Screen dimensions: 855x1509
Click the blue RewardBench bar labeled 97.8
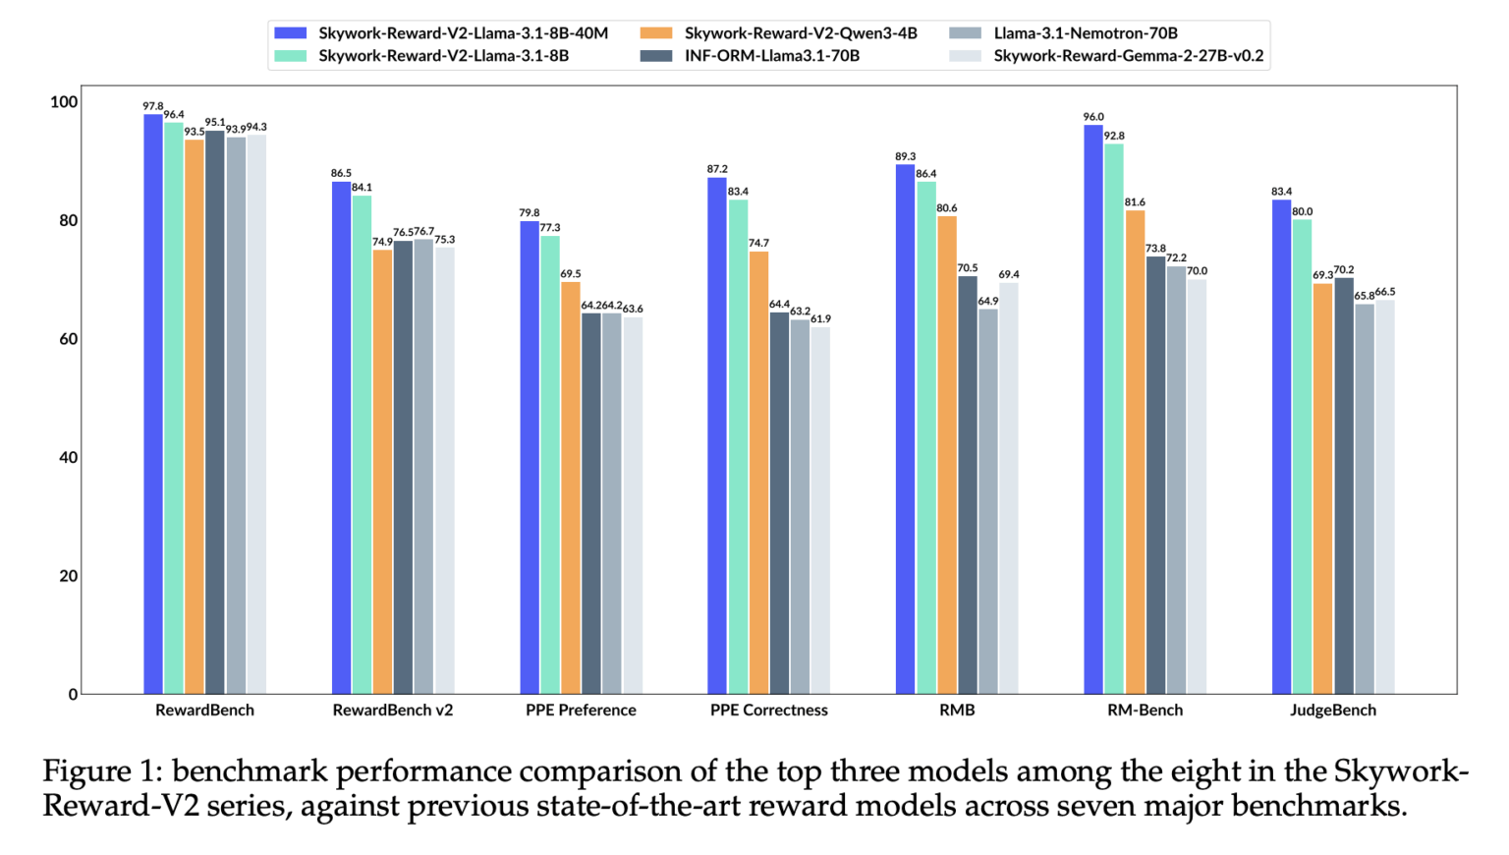[153, 403]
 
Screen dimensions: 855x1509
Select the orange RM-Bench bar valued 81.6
[1135, 452]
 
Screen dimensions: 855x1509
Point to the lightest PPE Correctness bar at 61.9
[820, 510]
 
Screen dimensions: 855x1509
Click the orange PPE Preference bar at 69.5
[571, 487]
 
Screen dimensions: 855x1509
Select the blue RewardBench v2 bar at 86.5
[341, 437]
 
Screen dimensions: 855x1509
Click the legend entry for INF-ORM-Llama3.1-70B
[771, 56]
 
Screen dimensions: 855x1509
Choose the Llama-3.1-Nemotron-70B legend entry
[1085, 33]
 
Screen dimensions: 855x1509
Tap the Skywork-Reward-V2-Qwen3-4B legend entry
[800, 33]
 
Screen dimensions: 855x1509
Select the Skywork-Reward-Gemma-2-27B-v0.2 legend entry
[1128, 56]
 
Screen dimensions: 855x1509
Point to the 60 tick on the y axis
[67, 339]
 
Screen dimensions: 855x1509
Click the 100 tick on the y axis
[63, 102]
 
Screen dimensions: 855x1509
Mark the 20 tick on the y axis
[67, 576]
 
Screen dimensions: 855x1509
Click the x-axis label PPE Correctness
[769, 710]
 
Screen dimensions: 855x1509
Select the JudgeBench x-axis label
[1333, 710]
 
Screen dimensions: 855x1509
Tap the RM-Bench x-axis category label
[1145, 710]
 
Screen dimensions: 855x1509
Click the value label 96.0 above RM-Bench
[1093, 117]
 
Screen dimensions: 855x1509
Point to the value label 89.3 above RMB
[905, 156]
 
